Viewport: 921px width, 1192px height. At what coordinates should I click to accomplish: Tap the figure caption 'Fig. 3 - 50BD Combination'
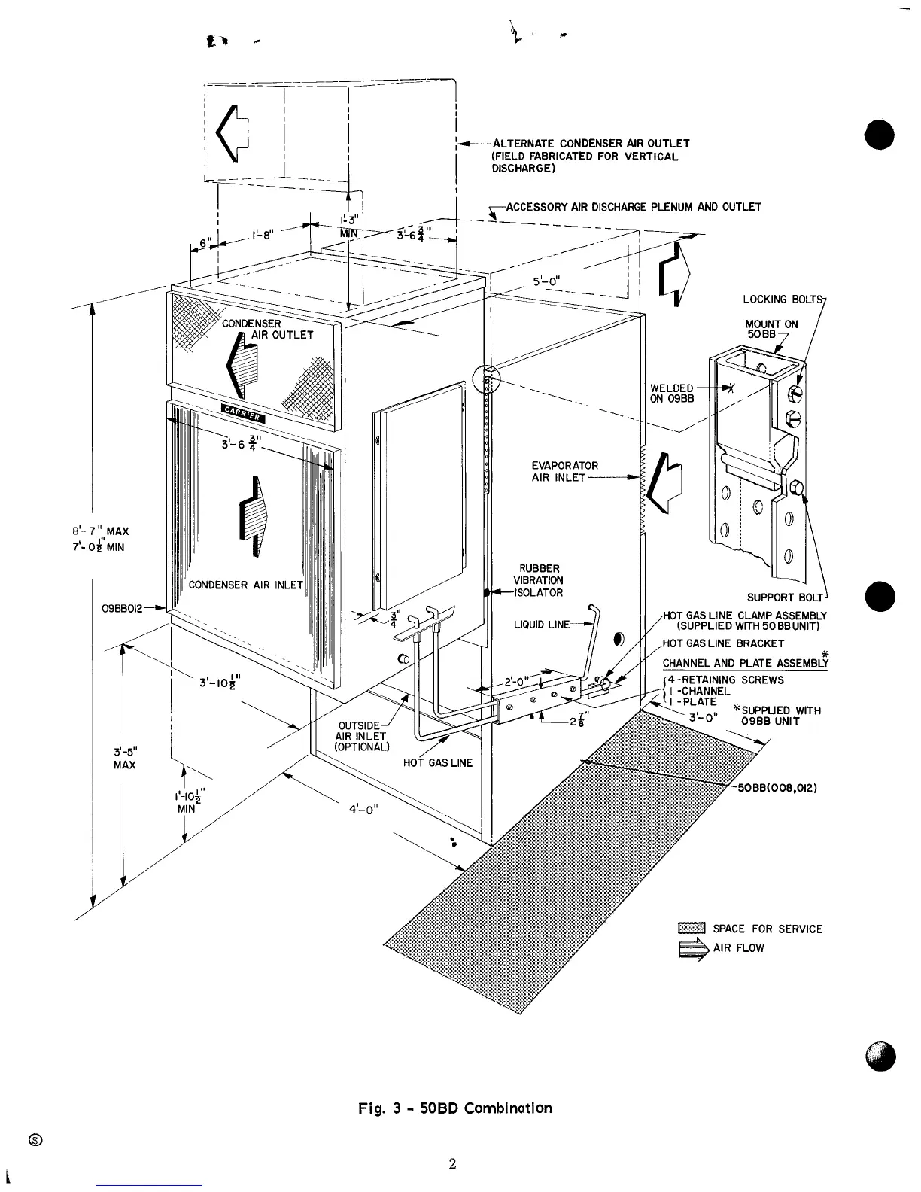pyautogui.click(x=454, y=1108)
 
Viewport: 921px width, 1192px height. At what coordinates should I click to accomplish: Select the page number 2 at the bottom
pyautogui.click(x=452, y=1165)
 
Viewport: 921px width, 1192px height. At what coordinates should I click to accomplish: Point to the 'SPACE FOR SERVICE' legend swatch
pyautogui.click(x=691, y=928)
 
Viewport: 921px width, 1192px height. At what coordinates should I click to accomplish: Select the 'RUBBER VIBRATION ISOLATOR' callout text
pyautogui.click(x=538, y=580)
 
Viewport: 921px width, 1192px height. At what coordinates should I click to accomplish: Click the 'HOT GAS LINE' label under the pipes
pyautogui.click(x=438, y=762)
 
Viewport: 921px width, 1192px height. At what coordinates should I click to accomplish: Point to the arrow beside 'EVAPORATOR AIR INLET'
pyautogui.click(x=667, y=482)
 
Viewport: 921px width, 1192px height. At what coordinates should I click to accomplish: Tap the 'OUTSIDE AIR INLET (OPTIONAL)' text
pyautogui.click(x=363, y=736)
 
